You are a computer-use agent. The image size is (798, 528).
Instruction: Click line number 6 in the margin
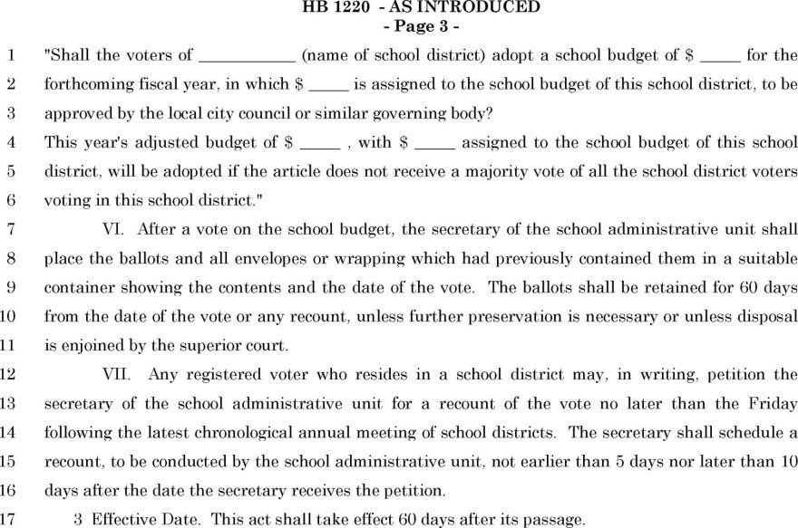click(11, 201)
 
